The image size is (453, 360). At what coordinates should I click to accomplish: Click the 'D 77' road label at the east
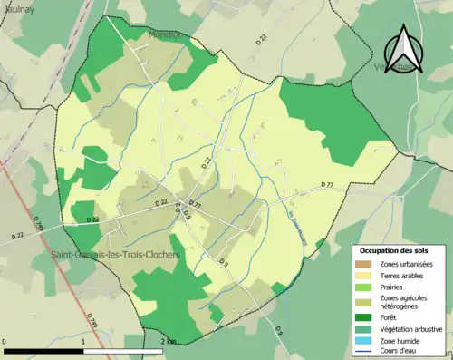327,184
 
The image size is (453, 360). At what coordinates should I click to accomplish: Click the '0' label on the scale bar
6,341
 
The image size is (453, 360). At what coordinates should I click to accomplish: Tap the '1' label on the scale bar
84,341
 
